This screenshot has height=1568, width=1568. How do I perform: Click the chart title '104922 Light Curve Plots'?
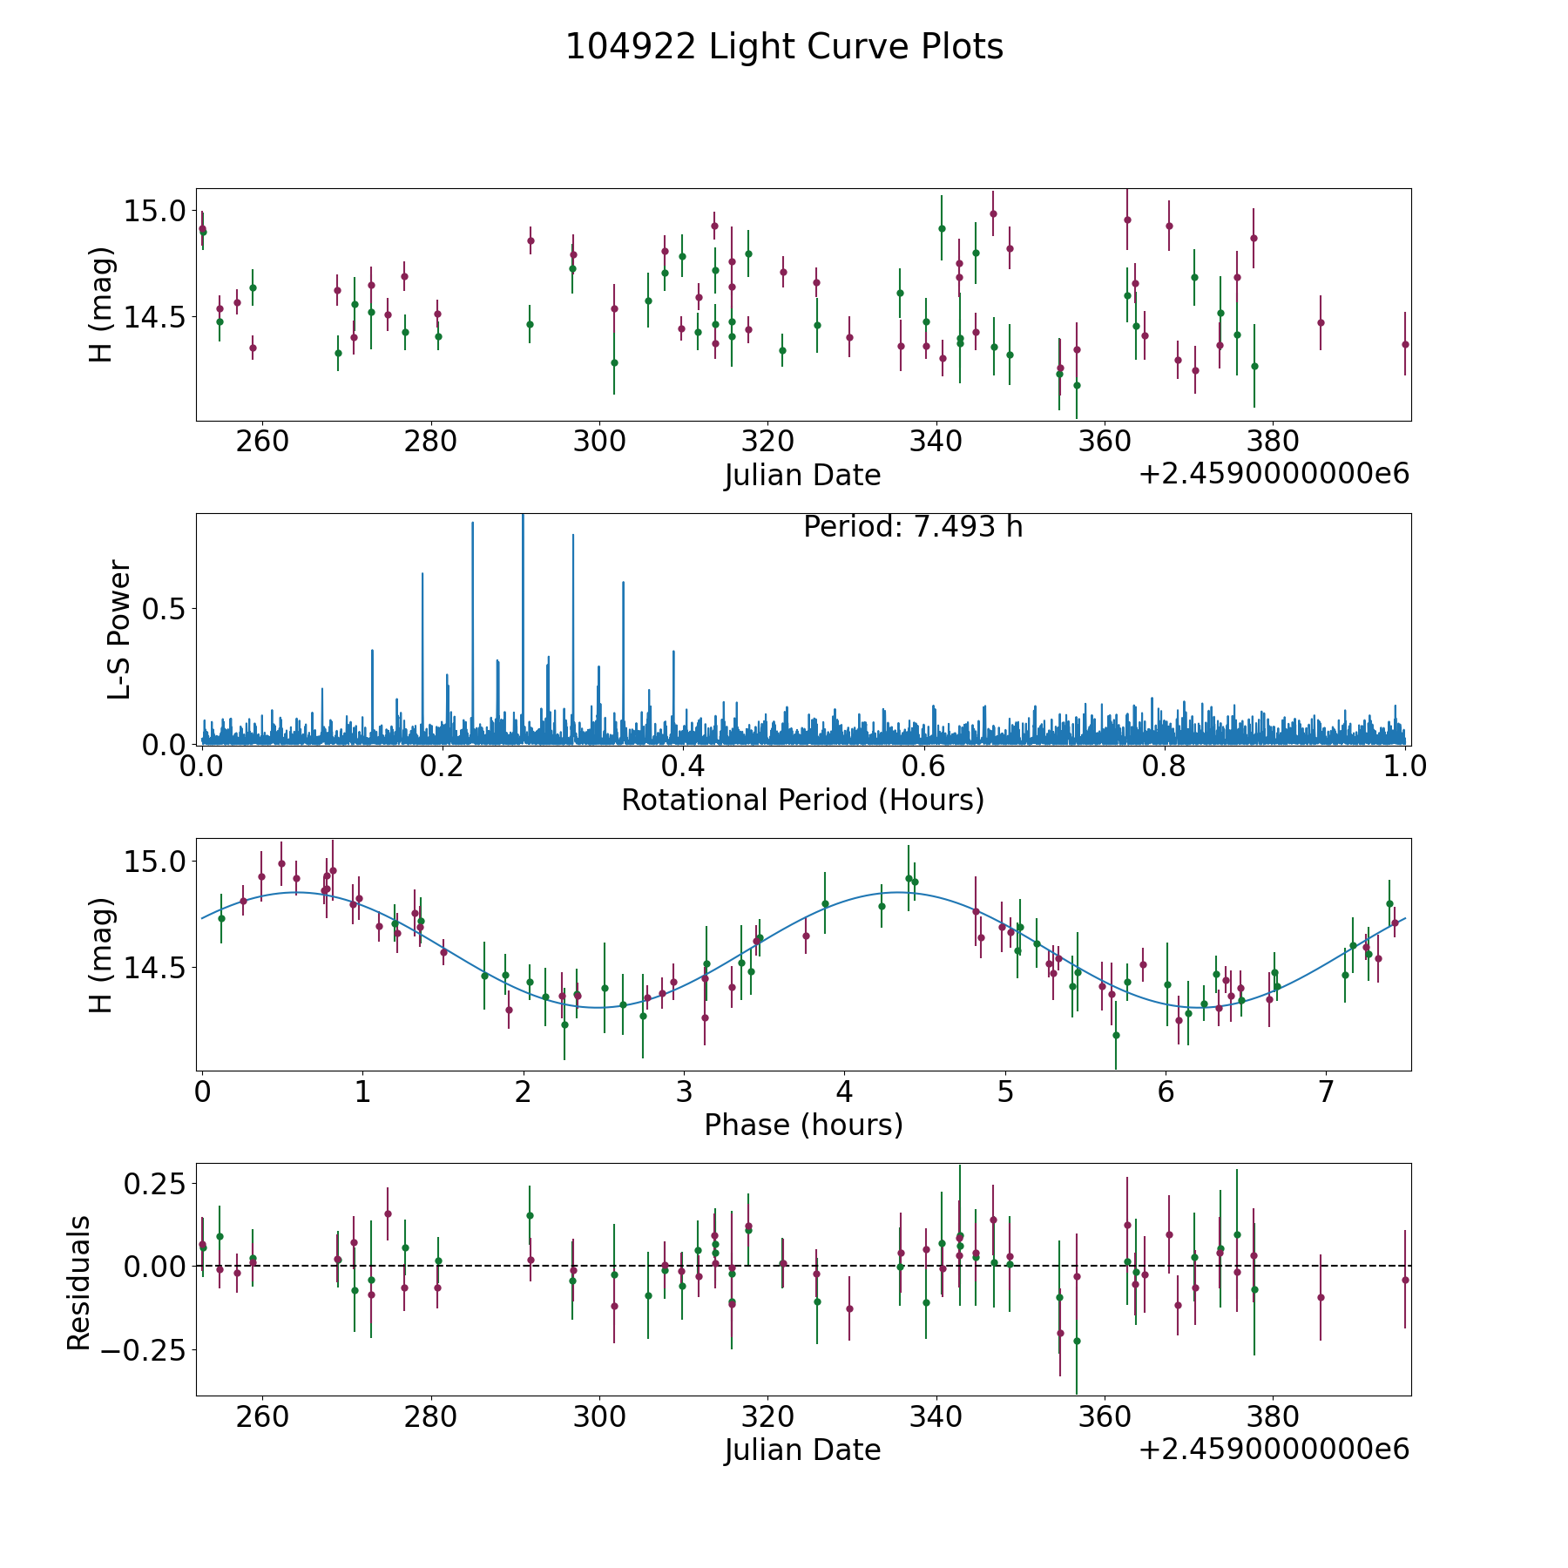coord(784,47)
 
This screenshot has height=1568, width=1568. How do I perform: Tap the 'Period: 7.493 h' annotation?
coord(913,527)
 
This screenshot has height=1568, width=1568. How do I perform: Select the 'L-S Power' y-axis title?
coord(119,629)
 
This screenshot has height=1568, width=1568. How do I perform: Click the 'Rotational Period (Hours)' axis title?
coord(802,800)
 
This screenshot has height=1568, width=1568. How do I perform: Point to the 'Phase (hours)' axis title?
coord(803,1125)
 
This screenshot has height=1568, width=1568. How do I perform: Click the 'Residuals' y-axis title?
coord(79,1282)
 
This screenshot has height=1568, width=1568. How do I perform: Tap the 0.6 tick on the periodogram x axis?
coord(923,766)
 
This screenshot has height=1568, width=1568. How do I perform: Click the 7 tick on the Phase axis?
coord(1326,1092)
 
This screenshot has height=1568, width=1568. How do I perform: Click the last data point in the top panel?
coord(1405,344)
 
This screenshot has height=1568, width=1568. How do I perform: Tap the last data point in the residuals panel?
coord(1405,1280)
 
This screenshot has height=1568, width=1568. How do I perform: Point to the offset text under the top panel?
coord(1274,475)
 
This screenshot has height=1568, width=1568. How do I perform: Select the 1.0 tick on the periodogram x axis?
coord(1405,766)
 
